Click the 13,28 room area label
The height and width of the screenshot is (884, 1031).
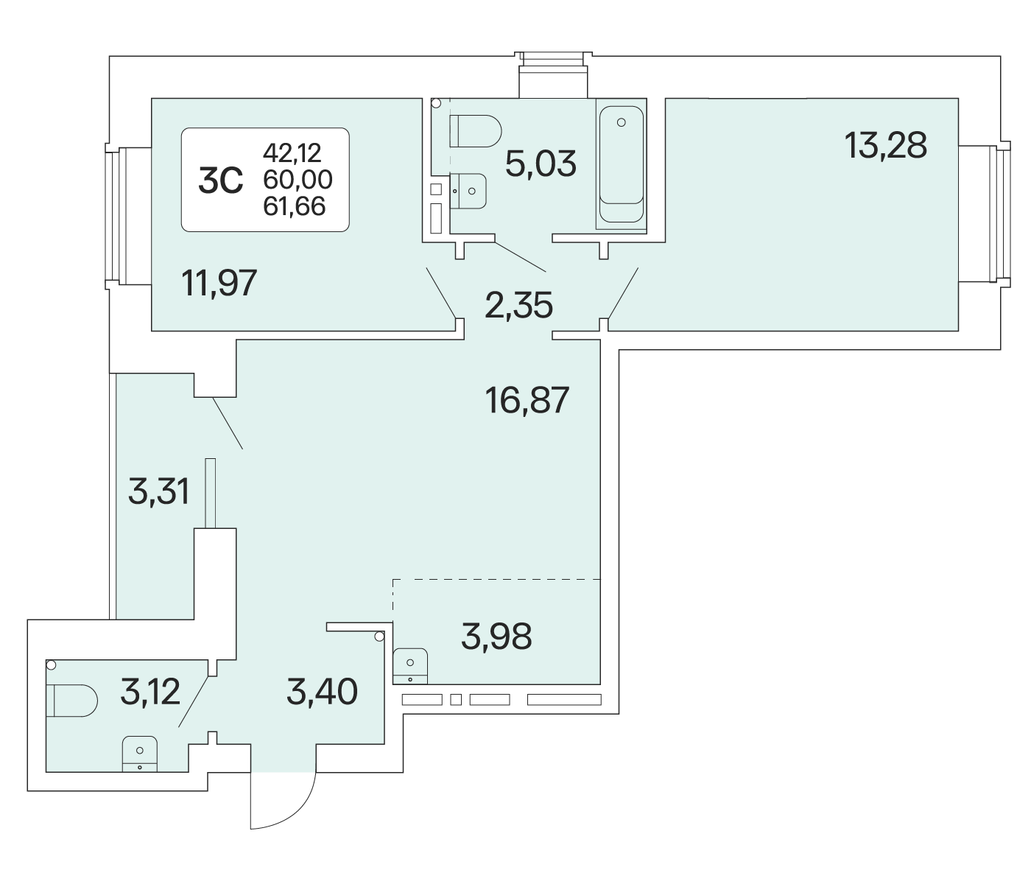[x=885, y=146]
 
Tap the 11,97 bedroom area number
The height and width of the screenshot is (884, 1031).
[x=219, y=283]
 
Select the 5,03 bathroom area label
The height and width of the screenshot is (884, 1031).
[x=541, y=164]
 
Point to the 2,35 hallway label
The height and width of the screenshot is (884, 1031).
[x=518, y=305]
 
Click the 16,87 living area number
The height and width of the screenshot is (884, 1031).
[x=527, y=399]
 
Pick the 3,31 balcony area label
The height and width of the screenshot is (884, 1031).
[x=158, y=491]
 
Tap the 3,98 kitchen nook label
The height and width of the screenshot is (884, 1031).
[x=496, y=636]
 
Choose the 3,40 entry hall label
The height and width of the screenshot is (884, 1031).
[x=322, y=692]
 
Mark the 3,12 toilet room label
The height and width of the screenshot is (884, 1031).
[x=149, y=692]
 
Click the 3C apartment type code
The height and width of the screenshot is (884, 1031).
[x=220, y=180]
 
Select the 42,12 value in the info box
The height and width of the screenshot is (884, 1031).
[x=292, y=152]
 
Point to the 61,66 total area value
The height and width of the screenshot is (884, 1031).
[x=295, y=206]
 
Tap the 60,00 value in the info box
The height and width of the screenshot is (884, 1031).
[x=298, y=180]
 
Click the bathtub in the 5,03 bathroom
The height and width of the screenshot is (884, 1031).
[x=621, y=164]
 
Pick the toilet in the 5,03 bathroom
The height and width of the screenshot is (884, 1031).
[x=475, y=131]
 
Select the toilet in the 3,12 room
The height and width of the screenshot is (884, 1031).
[x=71, y=701]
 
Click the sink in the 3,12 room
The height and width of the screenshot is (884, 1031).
[x=140, y=754]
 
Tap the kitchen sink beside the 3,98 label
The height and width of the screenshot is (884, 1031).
[x=410, y=666]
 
